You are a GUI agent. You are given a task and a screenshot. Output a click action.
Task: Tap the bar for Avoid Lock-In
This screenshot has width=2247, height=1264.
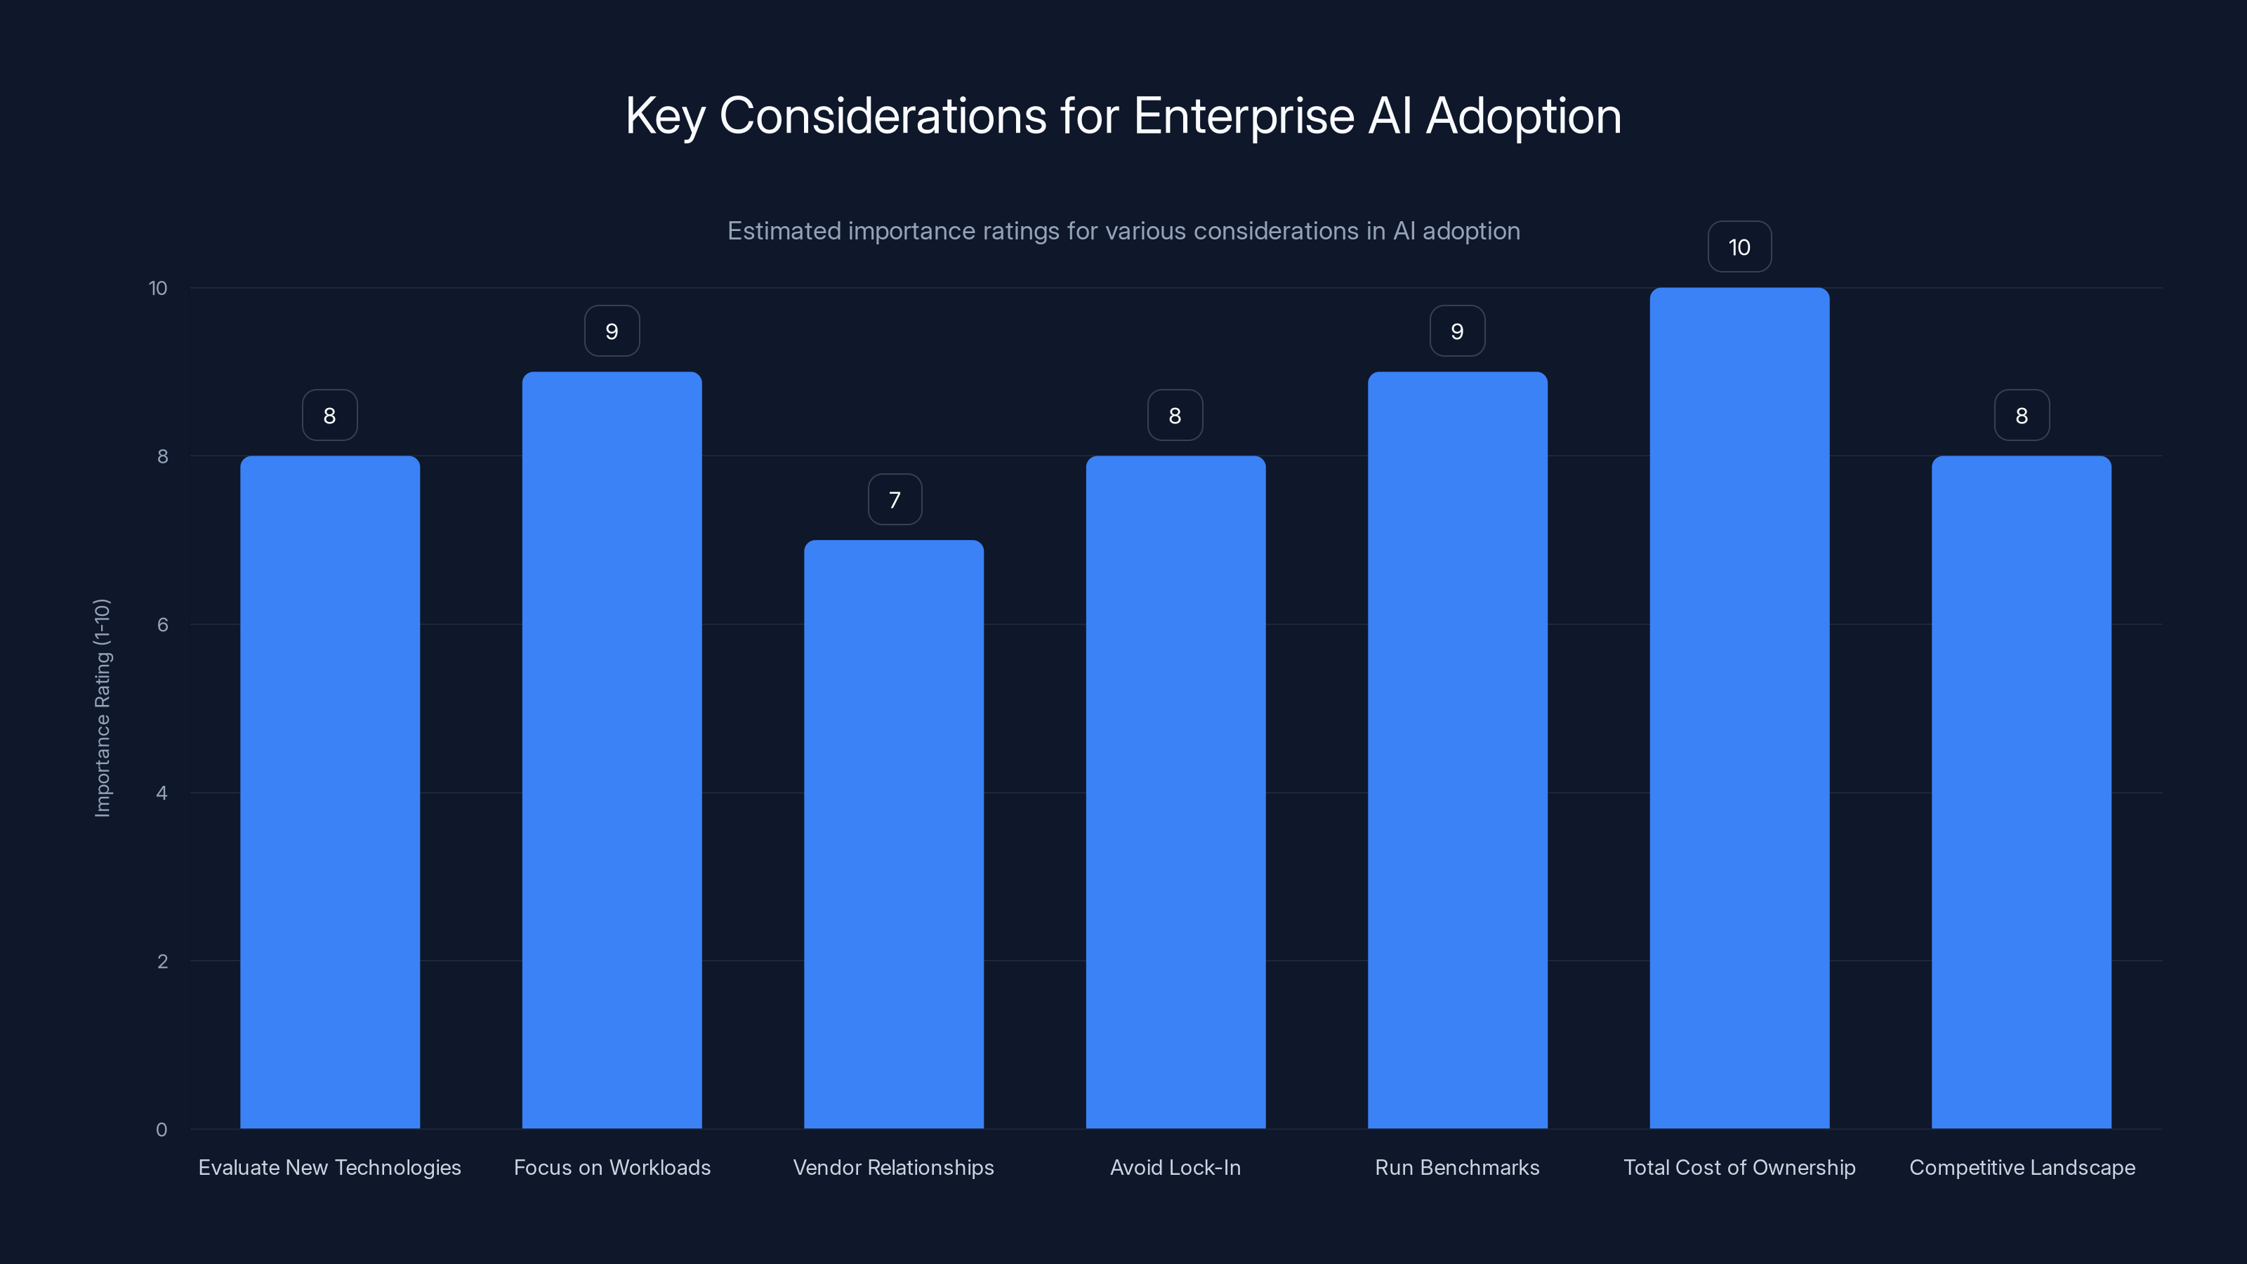(1175, 791)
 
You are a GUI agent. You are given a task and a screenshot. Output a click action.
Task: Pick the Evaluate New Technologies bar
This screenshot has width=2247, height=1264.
(330, 791)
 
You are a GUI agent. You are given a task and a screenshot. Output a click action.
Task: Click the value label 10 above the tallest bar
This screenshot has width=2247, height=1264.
(1739, 247)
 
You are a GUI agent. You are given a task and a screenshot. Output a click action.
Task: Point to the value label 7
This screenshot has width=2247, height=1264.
(894, 500)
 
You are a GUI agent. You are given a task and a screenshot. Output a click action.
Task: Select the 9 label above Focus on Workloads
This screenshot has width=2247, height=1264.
(612, 331)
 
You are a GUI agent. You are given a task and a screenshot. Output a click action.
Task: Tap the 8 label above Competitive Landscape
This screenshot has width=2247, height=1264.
(2021, 416)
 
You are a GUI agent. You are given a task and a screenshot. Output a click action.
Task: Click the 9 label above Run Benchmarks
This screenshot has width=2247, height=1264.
(1457, 331)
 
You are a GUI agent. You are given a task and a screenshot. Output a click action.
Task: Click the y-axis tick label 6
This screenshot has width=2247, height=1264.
(162, 624)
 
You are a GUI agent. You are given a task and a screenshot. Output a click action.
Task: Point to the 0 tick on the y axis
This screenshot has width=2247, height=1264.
(162, 1130)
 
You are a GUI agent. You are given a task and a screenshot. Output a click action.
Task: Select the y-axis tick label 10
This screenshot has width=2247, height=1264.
(158, 288)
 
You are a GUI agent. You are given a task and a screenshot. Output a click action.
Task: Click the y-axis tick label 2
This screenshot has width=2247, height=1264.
(162, 961)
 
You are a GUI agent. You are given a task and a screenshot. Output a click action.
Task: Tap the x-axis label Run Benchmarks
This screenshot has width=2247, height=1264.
(1457, 1167)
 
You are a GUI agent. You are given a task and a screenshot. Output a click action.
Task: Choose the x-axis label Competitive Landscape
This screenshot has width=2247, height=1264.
(2021, 1167)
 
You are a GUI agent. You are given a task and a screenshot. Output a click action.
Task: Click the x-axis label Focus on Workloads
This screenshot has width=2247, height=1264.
(612, 1167)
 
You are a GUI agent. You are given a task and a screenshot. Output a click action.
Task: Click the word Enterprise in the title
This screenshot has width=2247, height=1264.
(1243, 116)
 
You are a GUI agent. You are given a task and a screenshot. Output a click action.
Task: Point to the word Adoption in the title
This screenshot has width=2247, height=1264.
(1523, 116)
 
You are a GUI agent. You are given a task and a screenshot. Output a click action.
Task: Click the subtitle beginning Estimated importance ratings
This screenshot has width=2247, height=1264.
(1123, 231)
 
